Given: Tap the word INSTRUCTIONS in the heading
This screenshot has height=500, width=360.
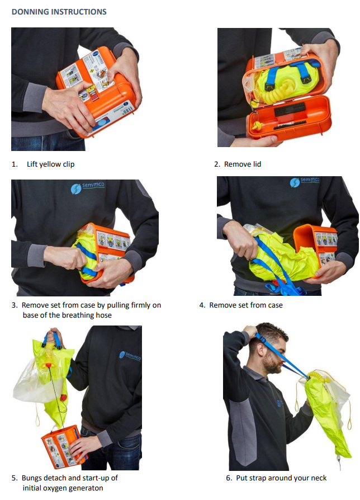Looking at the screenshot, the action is pyautogui.click(x=79, y=12).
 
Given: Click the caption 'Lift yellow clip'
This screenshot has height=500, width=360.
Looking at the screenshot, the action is pyautogui.click(x=51, y=164).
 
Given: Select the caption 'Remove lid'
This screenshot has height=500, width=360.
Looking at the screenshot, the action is pyautogui.click(x=243, y=164).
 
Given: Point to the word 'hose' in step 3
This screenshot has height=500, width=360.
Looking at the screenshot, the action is pyautogui.click(x=104, y=315).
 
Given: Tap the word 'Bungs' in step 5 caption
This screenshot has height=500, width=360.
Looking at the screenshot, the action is pyautogui.click(x=31, y=478).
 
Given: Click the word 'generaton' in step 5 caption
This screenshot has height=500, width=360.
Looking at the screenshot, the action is pyautogui.click(x=87, y=488).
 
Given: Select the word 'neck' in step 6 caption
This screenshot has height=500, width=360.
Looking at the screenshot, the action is pyautogui.click(x=319, y=478).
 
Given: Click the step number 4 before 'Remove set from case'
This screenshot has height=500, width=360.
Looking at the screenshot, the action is pyautogui.click(x=202, y=305).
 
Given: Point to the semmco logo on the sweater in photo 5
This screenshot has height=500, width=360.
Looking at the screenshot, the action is pyautogui.click(x=130, y=356).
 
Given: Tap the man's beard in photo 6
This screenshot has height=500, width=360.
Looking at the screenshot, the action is pyautogui.click(x=271, y=364).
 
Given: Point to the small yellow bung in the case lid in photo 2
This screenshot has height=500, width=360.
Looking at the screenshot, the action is pyautogui.click(x=256, y=126).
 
